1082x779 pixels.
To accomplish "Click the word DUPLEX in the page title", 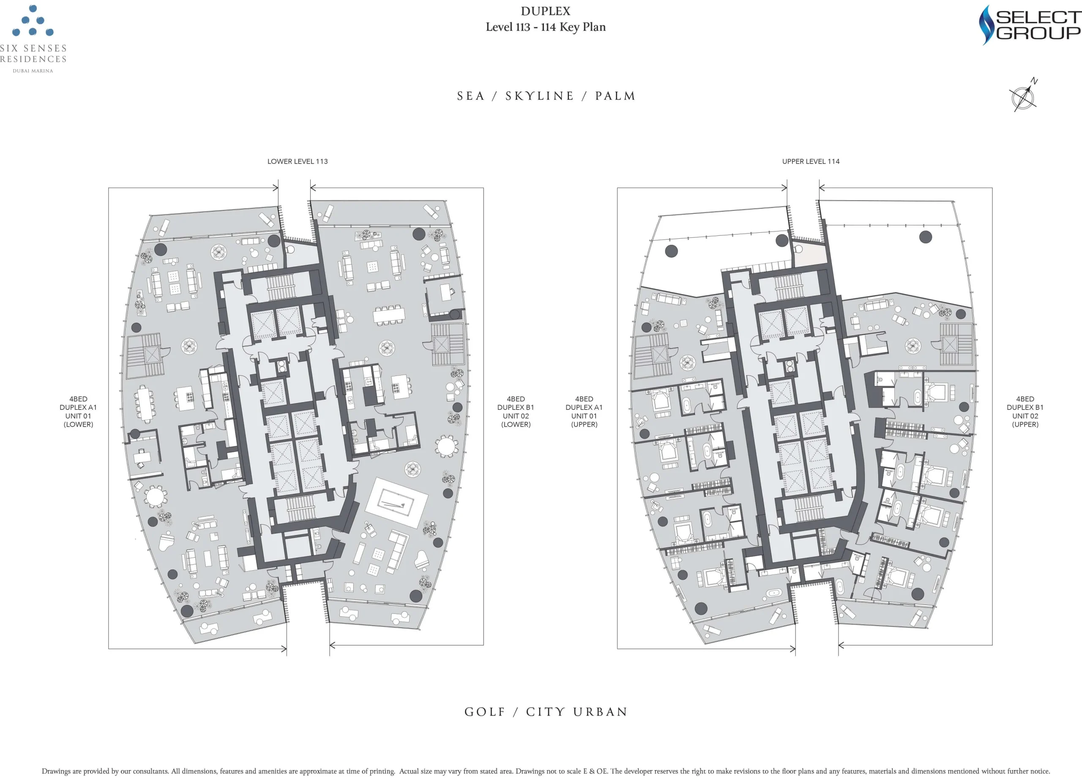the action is pyautogui.click(x=545, y=11).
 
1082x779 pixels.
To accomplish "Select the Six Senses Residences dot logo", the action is pyautogui.click(x=33, y=21).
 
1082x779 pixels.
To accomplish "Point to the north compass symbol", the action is pyautogui.click(x=1023, y=96).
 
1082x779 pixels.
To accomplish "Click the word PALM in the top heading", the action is pyautogui.click(x=615, y=96).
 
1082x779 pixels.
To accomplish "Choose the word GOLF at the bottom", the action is pyautogui.click(x=485, y=712).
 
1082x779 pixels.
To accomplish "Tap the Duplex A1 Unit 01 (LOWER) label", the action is pyautogui.click(x=78, y=411).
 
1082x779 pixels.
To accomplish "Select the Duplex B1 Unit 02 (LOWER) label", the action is pyautogui.click(x=516, y=411).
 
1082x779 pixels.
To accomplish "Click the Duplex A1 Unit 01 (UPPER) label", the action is pyautogui.click(x=584, y=411).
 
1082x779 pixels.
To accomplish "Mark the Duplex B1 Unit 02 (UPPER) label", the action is pyautogui.click(x=1025, y=411).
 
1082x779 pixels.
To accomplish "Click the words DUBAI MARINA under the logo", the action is pyautogui.click(x=33, y=71).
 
